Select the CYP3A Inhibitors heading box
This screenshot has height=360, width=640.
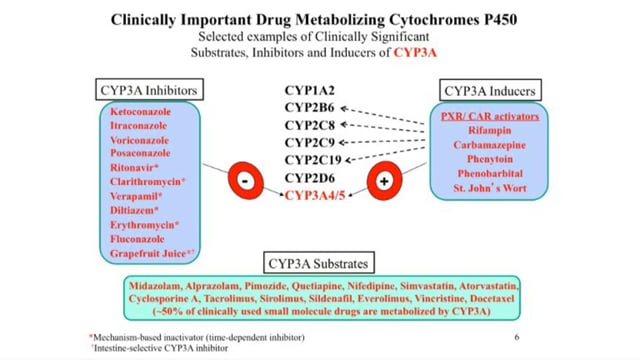[148, 90]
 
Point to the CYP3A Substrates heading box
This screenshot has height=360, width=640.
[319, 264]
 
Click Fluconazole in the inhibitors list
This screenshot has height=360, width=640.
[142, 240]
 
